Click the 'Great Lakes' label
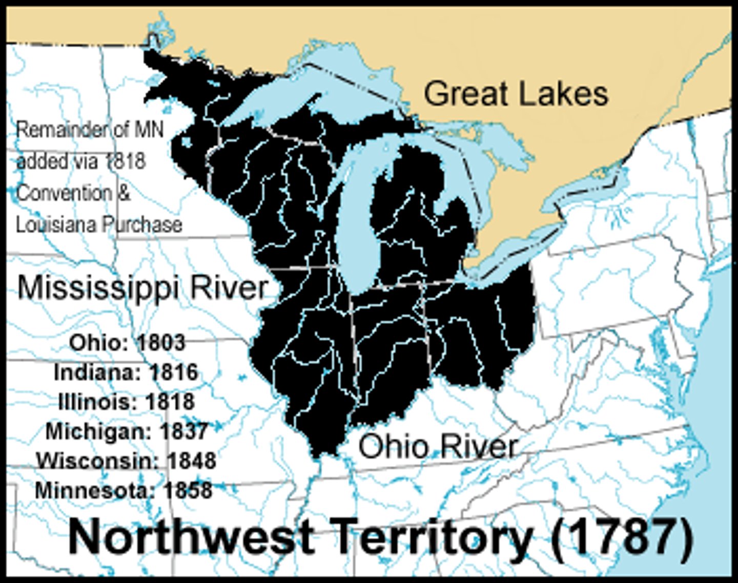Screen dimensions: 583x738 click(516, 94)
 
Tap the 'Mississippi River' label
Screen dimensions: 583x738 click(143, 288)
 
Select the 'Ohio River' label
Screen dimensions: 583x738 click(438, 446)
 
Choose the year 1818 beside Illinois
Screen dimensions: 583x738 click(170, 402)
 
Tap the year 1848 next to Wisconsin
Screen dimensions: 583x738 click(191, 461)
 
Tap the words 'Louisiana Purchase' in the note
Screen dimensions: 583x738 click(99, 224)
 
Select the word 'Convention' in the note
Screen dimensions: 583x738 click(64, 193)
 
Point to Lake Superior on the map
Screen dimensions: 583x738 click(287, 97)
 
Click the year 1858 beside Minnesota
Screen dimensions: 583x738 click(188, 490)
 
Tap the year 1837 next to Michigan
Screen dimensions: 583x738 click(183, 431)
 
